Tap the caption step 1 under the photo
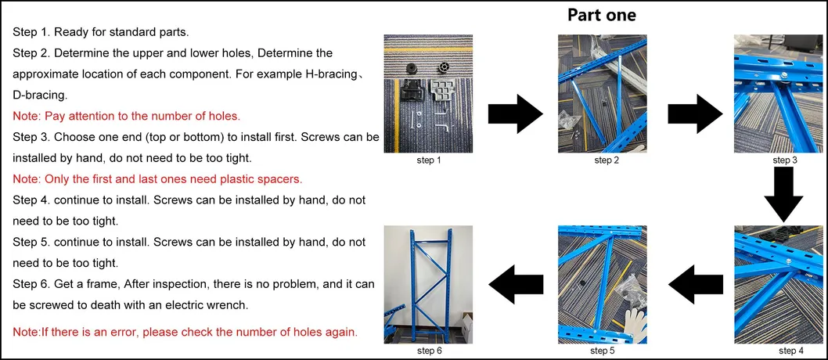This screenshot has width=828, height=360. [427, 160]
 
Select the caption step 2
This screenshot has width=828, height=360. [607, 160]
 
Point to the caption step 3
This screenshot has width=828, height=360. [784, 160]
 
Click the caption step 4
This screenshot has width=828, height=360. [784, 351]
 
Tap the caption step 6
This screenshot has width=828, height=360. [427, 351]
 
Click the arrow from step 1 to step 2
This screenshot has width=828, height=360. [515, 114]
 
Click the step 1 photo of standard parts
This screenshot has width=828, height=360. [427, 93]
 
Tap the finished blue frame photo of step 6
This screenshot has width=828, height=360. [427, 283]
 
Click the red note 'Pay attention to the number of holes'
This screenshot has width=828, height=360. [126, 116]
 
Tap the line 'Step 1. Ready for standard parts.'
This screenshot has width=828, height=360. [100, 32]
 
